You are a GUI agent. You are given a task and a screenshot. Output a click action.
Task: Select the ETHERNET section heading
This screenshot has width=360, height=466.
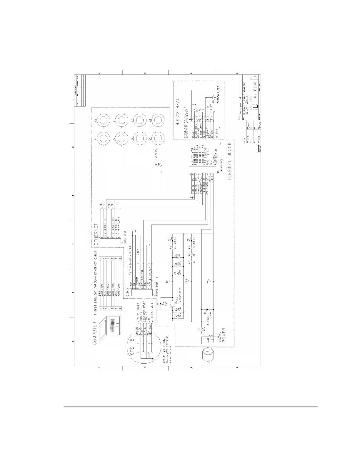pos(96,234)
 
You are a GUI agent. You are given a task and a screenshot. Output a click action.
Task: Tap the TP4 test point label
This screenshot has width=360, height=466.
pos(209,282)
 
